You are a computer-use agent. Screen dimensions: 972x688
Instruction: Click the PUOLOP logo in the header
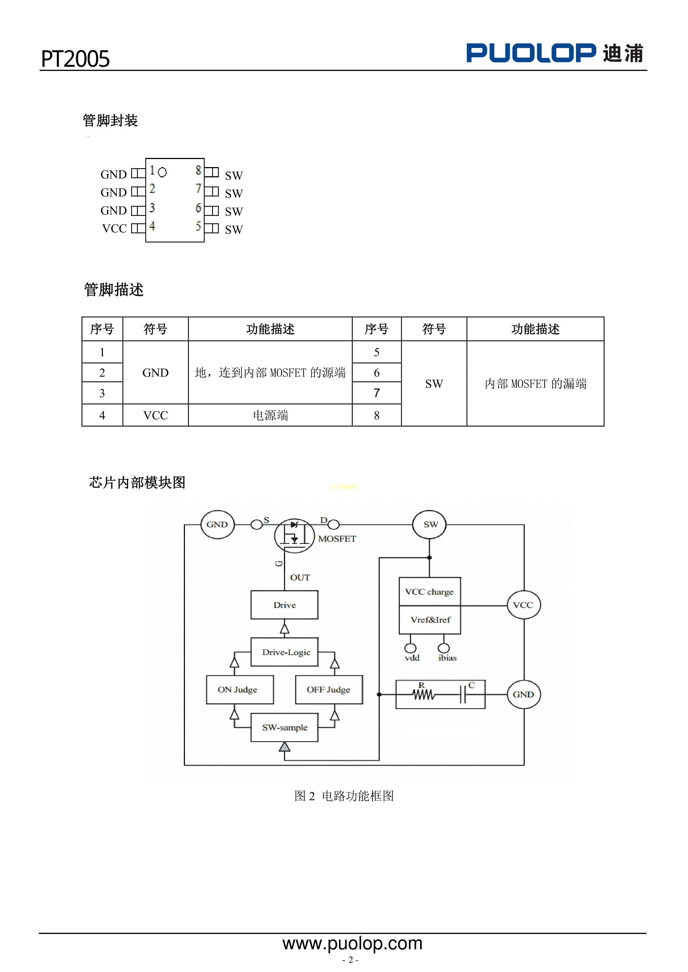click(555, 53)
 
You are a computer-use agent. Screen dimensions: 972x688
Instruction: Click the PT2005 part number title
click(75, 59)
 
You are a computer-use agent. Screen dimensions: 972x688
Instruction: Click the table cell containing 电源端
click(270, 415)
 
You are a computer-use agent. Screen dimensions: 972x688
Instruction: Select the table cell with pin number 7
click(377, 393)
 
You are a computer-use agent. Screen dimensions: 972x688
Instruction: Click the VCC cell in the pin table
click(156, 415)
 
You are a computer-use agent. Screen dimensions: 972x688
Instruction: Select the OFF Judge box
click(329, 690)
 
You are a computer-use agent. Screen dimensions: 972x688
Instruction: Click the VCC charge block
click(430, 591)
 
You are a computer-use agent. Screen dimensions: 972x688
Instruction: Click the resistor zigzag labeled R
click(423, 695)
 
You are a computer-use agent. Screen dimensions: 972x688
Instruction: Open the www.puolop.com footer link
click(352, 943)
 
